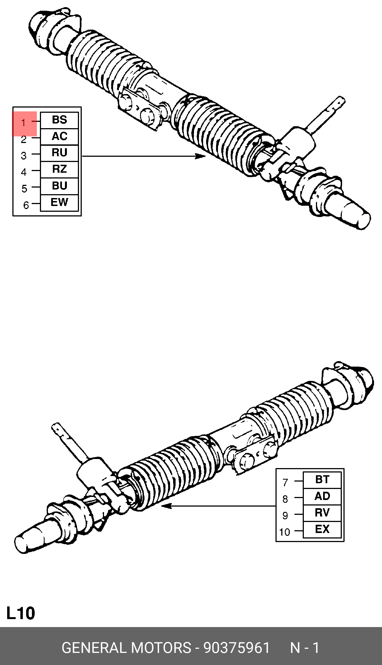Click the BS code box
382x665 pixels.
(x=59, y=120)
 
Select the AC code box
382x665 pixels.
(x=59, y=136)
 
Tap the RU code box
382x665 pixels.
(x=59, y=153)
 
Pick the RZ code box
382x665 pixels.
(x=59, y=169)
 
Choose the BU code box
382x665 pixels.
(x=59, y=186)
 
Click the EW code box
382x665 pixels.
(x=59, y=202)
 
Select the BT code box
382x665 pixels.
(x=322, y=480)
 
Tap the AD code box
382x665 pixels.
(x=322, y=496)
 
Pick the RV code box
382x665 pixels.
(x=322, y=513)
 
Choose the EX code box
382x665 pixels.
(x=322, y=529)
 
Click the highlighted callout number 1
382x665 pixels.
(x=24, y=123)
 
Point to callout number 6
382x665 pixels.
(x=26, y=205)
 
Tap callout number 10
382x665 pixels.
(x=285, y=532)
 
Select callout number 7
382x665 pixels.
(x=285, y=482)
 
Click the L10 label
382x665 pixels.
(x=21, y=613)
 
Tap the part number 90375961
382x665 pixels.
(x=236, y=648)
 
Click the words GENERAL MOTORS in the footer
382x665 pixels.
(x=126, y=648)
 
